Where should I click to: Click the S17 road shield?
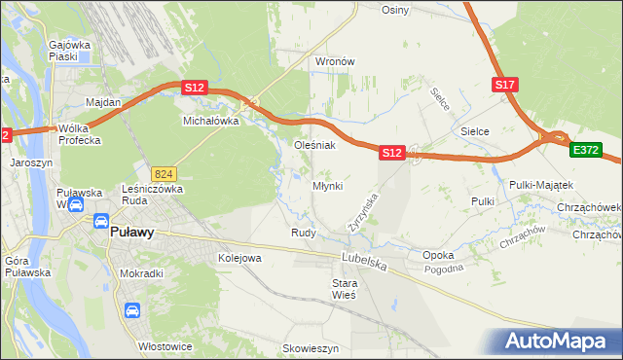point(504,86)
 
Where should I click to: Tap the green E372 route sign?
point(586,151)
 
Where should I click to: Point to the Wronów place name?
point(333,61)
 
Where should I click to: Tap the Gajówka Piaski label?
point(69,51)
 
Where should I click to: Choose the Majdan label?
point(103,102)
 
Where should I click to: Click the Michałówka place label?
point(211,122)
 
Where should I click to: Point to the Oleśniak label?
point(315,146)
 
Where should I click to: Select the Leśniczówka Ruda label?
point(148,197)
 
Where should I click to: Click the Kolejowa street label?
point(239,258)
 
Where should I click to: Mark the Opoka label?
point(438,255)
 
